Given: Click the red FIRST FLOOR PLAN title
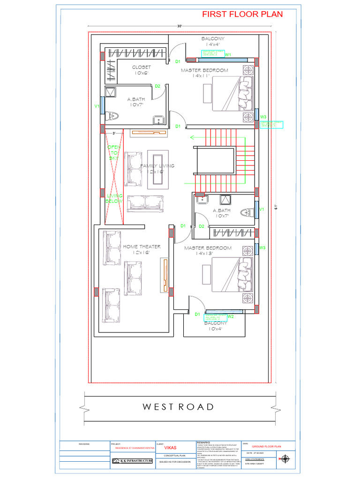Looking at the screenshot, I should pos(242,14).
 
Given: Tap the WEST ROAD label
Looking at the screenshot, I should pos(178,406).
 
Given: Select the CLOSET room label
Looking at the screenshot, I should pos(141,67).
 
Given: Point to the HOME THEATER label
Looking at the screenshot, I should pos(142,247).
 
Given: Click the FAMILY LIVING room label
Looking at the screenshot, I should pos(157,166).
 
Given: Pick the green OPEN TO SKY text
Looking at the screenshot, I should pos(114,152).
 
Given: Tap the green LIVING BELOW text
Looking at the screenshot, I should pos(114,198).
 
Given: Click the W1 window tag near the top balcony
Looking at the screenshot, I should pos(228,55).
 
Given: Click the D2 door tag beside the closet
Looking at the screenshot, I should pos(157,86).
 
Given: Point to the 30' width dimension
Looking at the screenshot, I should pos(180,26).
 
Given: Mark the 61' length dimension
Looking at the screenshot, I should pos(277,207).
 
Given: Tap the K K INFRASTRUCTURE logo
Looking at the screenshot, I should pos(132,461).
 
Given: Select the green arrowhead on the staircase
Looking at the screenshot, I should pos(192,137).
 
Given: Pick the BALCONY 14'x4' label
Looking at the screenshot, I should pos(213,41).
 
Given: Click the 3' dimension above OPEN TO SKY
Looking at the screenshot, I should pos(114,134).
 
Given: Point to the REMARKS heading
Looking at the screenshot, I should pos(205,442).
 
